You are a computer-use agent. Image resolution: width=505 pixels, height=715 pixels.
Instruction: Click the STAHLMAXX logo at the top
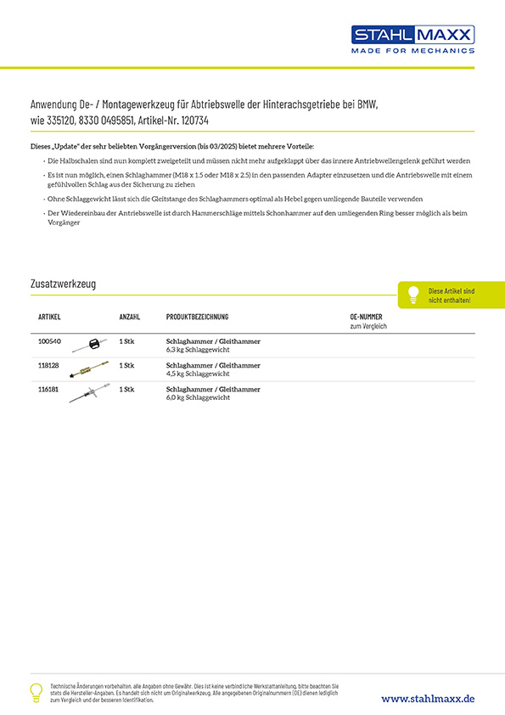click(413, 34)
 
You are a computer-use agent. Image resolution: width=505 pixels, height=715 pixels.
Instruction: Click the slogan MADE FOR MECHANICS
click(413, 51)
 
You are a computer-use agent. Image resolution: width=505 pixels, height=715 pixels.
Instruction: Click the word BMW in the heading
click(366, 104)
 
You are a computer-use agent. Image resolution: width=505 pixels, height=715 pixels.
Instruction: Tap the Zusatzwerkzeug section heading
click(63, 284)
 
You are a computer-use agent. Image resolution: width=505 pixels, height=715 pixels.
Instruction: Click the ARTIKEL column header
click(49, 317)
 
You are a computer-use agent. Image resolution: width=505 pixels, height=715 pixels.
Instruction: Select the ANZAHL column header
click(130, 317)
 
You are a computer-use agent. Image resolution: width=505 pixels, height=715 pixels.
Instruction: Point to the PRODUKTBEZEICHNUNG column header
click(197, 317)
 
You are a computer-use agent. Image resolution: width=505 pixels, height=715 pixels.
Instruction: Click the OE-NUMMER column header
click(366, 317)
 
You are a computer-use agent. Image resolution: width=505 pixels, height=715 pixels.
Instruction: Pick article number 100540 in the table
click(49, 341)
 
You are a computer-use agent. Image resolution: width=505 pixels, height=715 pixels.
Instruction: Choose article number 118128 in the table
click(49, 365)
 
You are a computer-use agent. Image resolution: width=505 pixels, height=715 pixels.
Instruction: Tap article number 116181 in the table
click(49, 389)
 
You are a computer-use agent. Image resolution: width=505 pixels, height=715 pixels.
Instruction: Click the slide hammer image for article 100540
click(89, 345)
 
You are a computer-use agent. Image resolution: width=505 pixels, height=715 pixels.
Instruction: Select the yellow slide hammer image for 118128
click(89, 369)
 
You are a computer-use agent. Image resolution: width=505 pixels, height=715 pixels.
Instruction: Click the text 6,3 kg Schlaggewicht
click(197, 349)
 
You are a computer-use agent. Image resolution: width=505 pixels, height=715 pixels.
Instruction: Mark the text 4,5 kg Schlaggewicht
click(197, 374)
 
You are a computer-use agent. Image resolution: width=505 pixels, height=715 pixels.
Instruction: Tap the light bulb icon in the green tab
click(413, 294)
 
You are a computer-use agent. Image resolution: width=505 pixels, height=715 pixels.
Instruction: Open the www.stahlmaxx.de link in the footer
click(428, 698)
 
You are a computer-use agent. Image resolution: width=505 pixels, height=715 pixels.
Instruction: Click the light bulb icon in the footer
click(36, 691)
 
